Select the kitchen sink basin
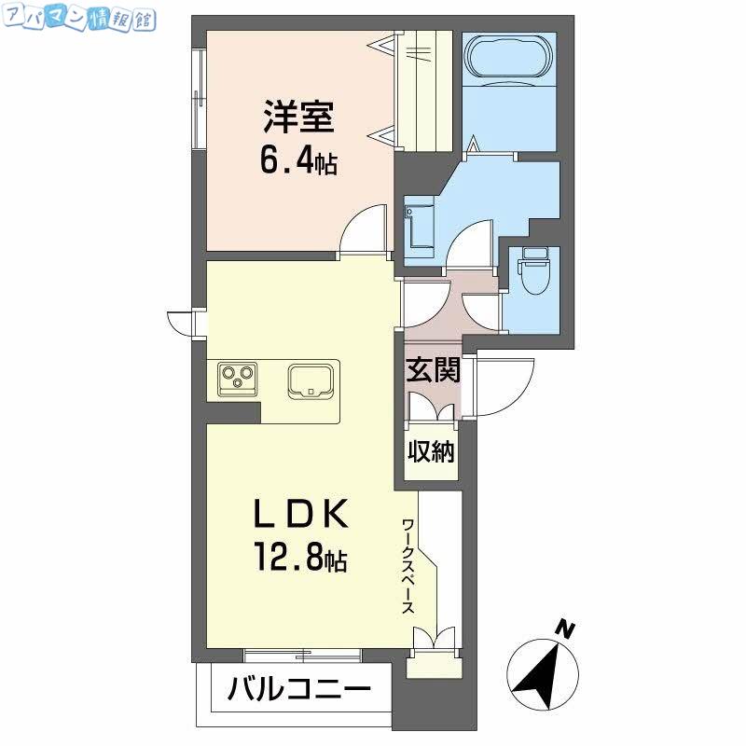click(311, 381)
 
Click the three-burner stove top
click(238, 380)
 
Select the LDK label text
click(300, 514)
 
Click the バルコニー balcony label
click(299, 688)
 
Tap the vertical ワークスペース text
click(408, 566)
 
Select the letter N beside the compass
click(565, 629)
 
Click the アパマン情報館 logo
click(79, 21)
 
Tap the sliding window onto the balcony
click(302, 656)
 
